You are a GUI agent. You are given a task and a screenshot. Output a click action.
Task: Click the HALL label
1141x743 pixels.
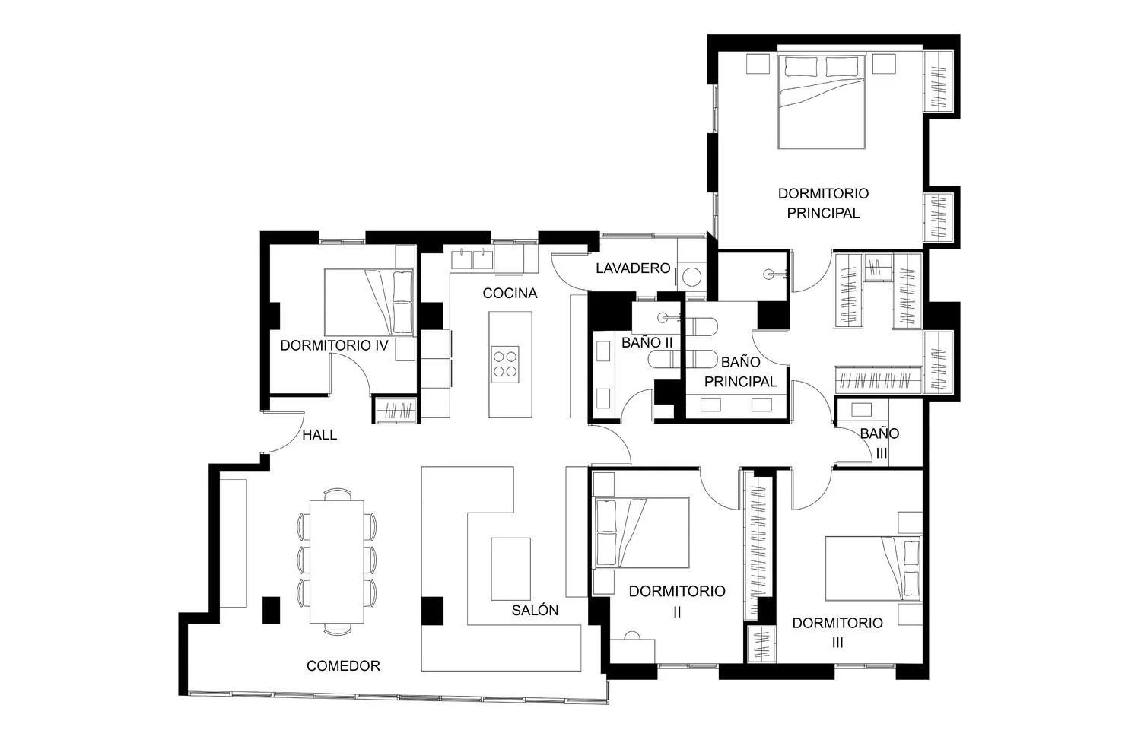[x=319, y=435]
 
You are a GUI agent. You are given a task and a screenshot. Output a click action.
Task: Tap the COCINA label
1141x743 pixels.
[x=510, y=294]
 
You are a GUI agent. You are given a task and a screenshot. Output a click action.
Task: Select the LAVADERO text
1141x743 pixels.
[x=633, y=268]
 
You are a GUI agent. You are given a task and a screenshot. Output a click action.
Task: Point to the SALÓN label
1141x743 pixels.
[x=535, y=610]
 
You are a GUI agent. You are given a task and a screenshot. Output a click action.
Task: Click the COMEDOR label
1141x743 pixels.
[x=343, y=666]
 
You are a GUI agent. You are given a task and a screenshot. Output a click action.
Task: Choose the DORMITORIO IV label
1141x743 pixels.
[x=334, y=345]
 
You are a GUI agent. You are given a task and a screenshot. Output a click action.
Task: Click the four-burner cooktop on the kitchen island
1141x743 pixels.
[x=505, y=364]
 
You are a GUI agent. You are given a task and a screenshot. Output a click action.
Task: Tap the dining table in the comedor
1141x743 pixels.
[x=337, y=562]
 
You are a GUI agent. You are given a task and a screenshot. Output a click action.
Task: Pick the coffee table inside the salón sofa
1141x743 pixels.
[x=511, y=569]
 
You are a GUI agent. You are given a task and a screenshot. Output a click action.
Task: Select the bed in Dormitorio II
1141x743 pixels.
[x=642, y=532]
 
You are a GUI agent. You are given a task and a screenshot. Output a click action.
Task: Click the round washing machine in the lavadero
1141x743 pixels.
[x=691, y=278]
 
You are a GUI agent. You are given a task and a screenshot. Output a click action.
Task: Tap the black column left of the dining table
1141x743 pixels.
[x=271, y=610]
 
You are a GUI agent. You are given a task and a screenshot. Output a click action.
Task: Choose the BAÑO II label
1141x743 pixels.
[x=647, y=343]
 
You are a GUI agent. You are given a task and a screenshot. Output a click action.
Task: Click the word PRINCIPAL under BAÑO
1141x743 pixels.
[x=741, y=382]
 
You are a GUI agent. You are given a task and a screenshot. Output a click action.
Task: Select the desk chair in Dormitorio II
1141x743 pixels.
[x=631, y=636]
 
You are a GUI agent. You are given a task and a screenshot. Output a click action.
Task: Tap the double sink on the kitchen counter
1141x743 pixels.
[x=472, y=259]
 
